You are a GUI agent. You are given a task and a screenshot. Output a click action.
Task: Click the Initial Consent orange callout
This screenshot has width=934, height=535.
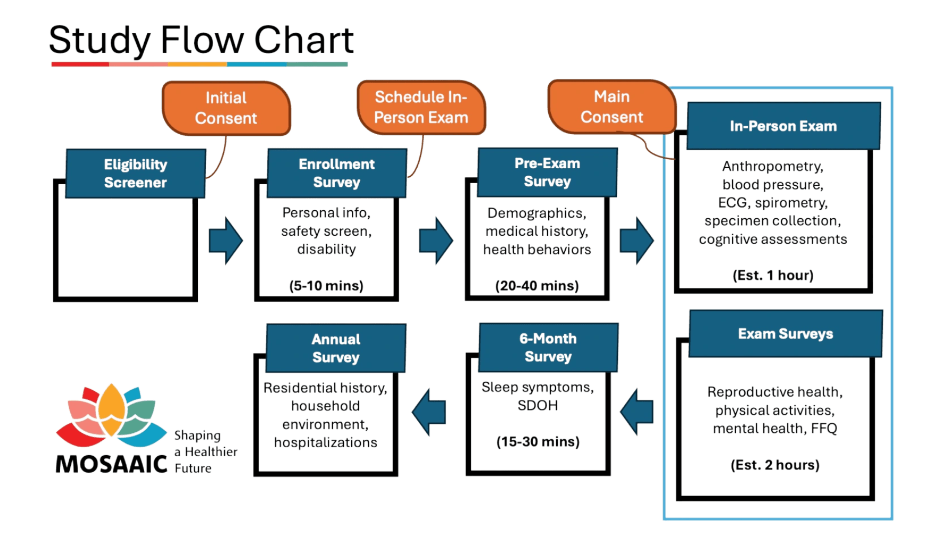coord(226,108)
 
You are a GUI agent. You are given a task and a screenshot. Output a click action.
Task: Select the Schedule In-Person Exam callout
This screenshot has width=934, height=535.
coord(421,107)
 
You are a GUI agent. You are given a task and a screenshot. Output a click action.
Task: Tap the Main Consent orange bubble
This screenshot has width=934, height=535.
coord(611,106)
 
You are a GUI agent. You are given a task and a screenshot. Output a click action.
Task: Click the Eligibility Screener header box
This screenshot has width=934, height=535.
coord(135,174)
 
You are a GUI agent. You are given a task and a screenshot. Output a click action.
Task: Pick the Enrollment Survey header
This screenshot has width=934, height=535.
coord(336,173)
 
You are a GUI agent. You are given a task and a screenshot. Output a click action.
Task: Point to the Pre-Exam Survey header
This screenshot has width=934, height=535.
coord(547,172)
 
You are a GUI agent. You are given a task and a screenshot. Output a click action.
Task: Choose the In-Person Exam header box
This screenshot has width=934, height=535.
coord(783,126)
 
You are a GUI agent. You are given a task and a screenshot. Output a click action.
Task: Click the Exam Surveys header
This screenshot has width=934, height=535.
coord(786,334)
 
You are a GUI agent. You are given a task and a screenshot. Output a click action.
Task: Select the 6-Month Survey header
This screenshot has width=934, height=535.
coord(548,348)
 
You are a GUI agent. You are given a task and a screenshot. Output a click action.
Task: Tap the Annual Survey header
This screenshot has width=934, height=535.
coord(336,348)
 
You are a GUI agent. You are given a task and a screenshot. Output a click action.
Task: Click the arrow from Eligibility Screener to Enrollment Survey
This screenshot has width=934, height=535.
coord(226,241)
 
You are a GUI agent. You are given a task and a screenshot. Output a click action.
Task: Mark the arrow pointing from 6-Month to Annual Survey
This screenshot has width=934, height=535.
coord(429,412)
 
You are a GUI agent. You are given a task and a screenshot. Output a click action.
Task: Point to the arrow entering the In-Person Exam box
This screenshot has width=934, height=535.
coord(637,241)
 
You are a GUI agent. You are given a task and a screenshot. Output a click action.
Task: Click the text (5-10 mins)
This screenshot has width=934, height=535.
coord(326,286)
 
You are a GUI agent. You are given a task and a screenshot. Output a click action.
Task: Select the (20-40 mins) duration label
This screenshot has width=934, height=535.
coord(537,286)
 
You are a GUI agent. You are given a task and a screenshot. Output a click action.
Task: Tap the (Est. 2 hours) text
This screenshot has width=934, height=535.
coord(775,465)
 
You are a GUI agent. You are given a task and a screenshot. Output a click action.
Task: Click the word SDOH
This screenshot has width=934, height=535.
coord(538,406)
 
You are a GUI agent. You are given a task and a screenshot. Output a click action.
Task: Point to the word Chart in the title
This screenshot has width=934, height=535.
coord(304,40)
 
